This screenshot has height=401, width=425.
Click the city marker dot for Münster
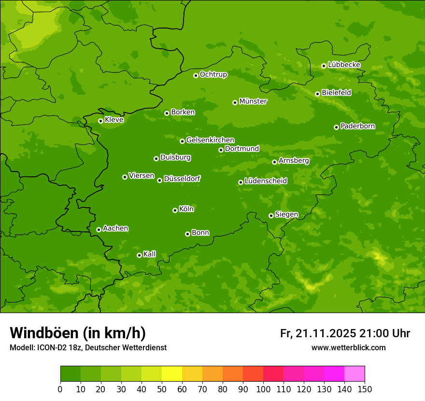tap(235, 102)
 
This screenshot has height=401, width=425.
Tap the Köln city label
tap(186, 209)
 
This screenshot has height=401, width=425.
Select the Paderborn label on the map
tap(357, 126)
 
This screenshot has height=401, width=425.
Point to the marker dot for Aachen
tap(99, 229)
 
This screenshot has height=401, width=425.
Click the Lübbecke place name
tap(344, 65)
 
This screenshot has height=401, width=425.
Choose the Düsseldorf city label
tap(182, 179)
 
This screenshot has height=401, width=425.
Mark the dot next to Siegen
tap(271, 215)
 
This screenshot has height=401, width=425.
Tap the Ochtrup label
tap(213, 74)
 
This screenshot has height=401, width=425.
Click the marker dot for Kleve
tap(100, 121)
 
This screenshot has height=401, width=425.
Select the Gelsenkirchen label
tap(210, 140)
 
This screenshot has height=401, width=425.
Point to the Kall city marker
tap(139, 255)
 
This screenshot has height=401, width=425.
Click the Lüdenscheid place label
tap(266, 181)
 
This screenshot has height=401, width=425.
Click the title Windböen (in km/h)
tap(78, 333)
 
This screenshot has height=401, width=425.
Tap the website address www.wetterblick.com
tap(348, 348)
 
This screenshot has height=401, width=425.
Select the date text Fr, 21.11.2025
tap(318, 333)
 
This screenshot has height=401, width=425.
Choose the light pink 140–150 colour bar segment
tap(354, 374)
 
